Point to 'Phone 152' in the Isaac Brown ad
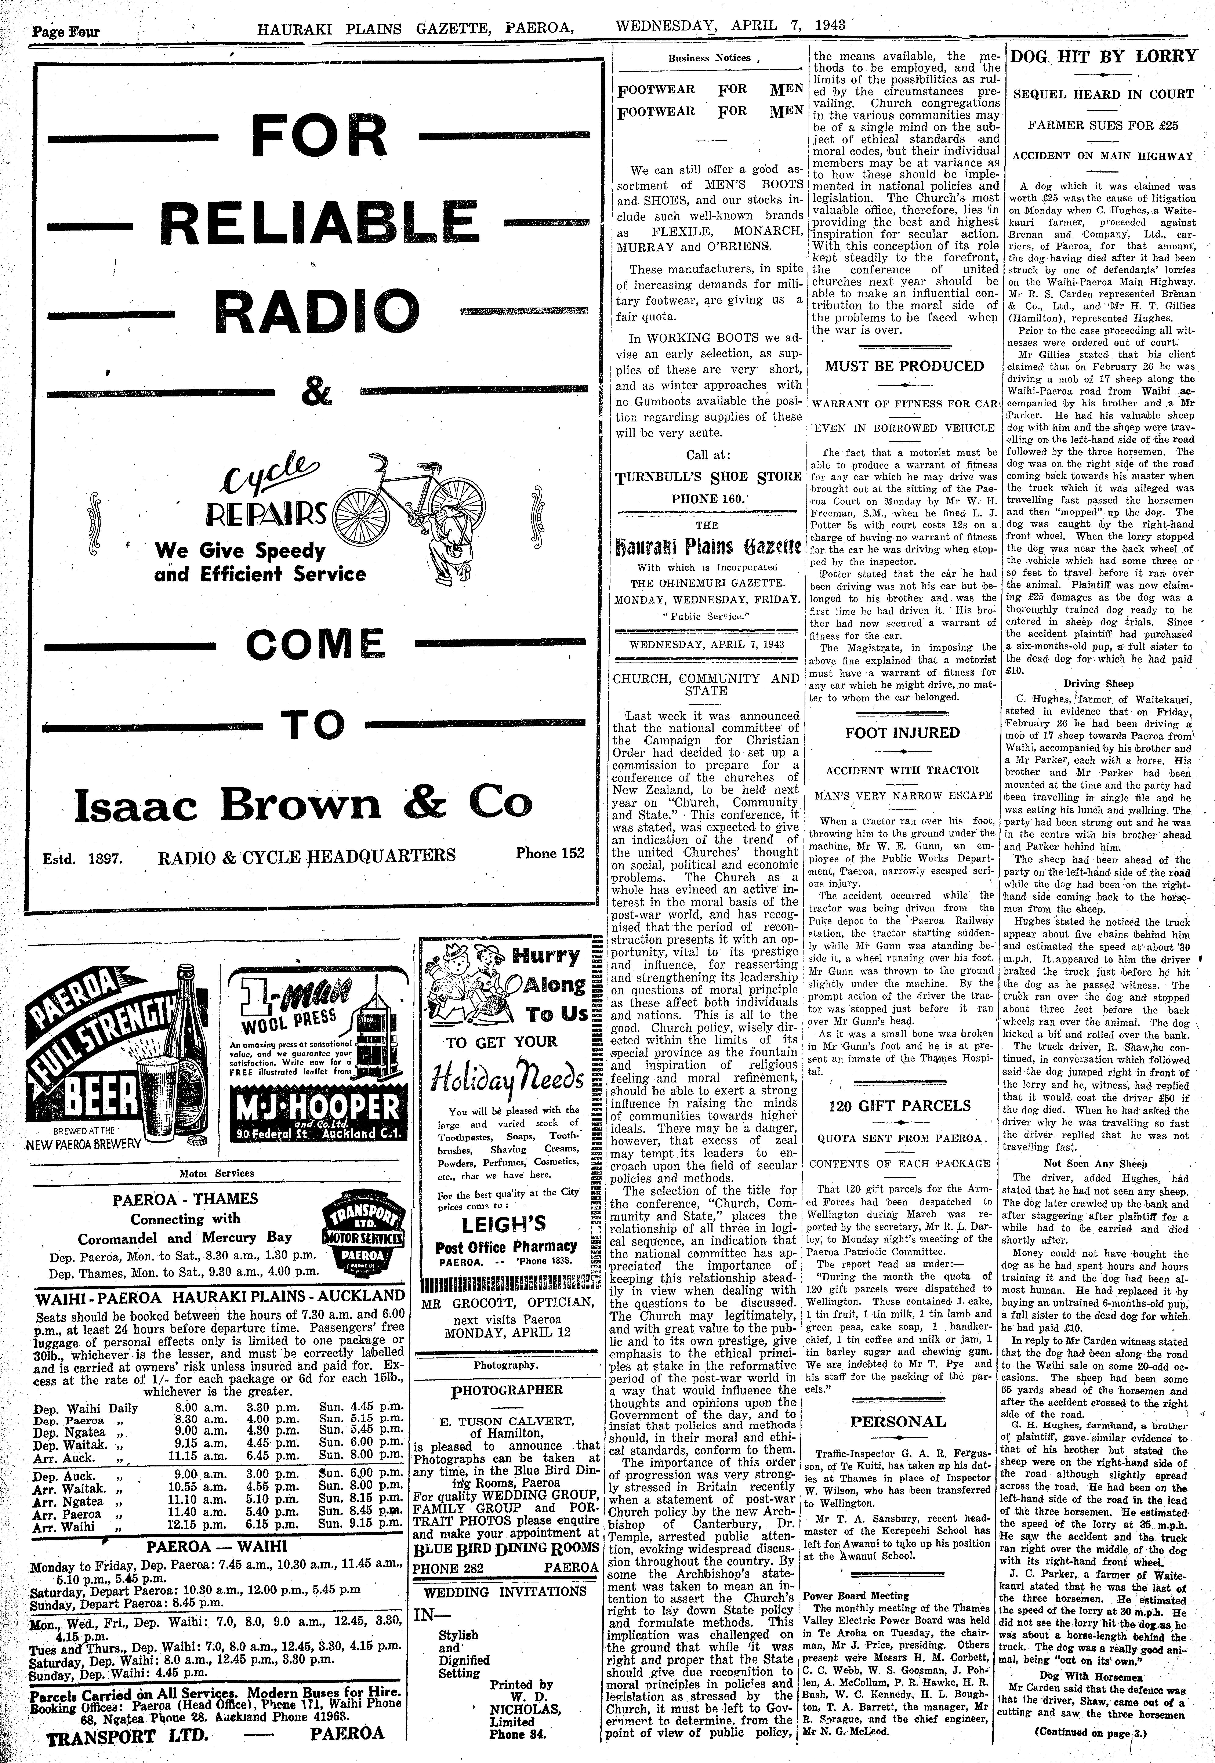pos(550,853)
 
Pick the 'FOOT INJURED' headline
pos(902,733)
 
